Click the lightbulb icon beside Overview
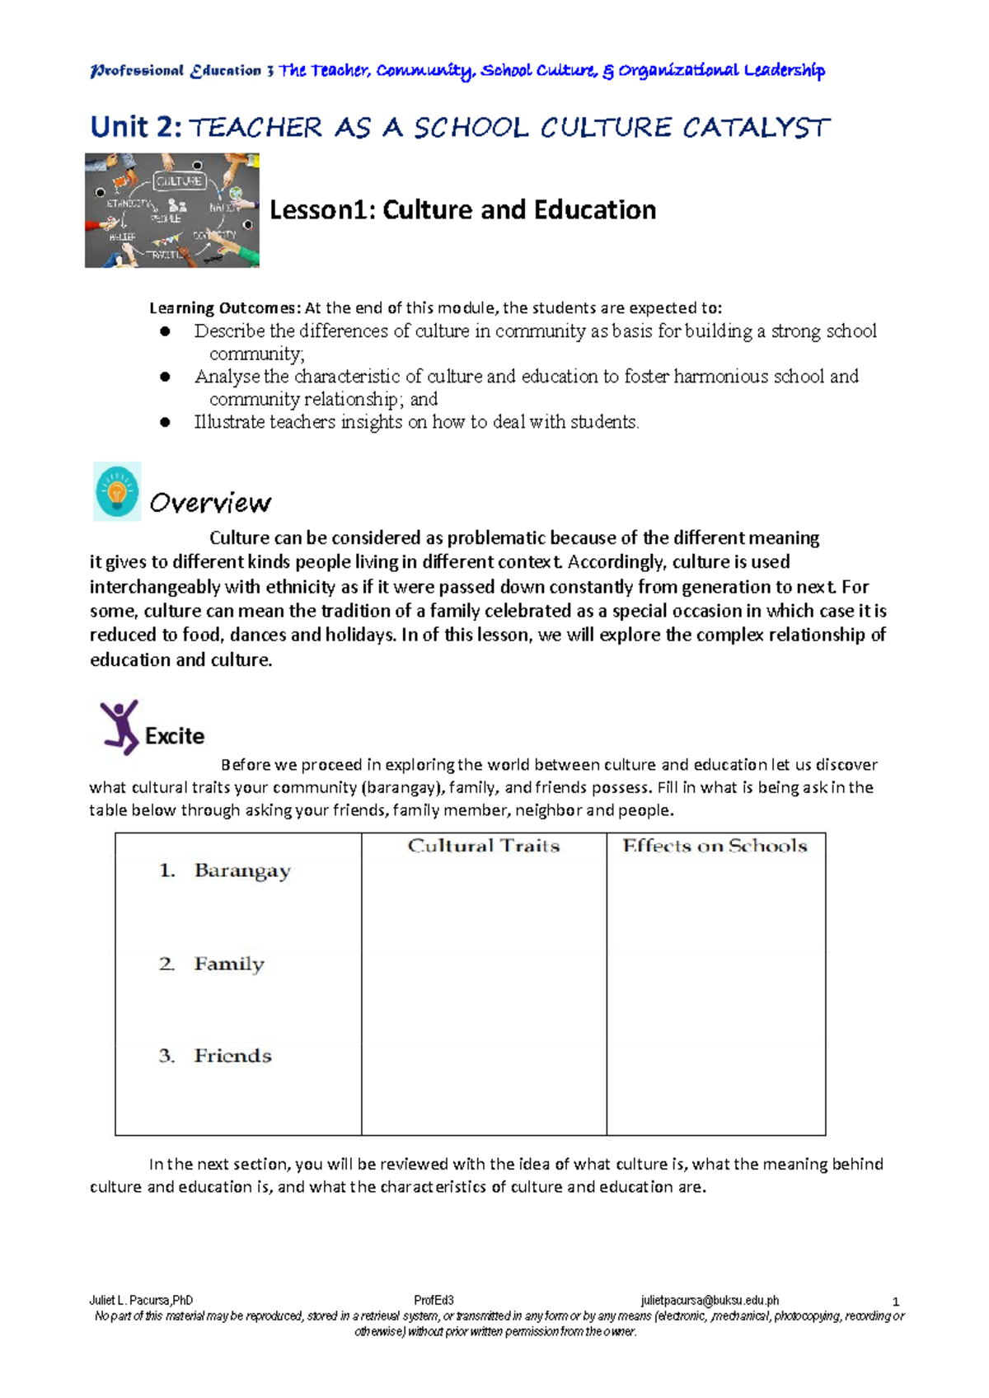(117, 492)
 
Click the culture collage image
(171, 210)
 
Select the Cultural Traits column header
(484, 846)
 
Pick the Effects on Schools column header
(715, 846)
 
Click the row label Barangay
(241, 871)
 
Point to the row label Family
(228, 964)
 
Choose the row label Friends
(232, 1056)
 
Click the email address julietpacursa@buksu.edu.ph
(710, 1301)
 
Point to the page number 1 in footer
(896, 1302)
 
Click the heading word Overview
(210, 503)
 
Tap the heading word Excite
(175, 736)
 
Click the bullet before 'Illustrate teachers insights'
(165, 422)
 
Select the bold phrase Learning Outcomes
(224, 308)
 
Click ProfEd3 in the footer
(434, 1301)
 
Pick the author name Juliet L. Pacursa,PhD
(141, 1301)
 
